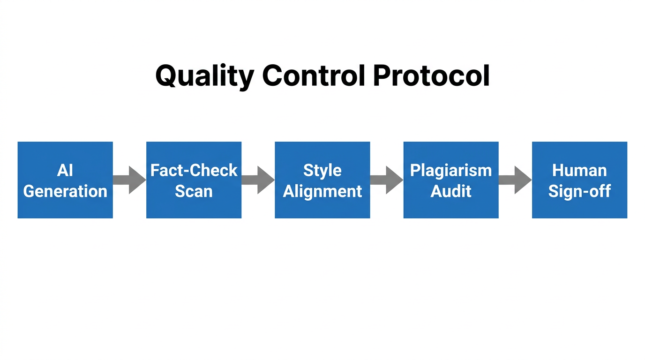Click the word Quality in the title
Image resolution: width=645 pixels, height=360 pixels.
click(205, 76)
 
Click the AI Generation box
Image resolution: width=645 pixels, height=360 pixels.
click(65, 180)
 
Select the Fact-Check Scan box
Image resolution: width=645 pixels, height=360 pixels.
click(194, 180)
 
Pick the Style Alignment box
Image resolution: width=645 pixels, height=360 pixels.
click(322, 180)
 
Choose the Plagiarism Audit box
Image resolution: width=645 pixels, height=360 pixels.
click(451, 180)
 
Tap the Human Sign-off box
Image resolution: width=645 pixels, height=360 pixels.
click(579, 180)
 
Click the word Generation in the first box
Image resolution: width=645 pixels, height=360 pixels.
click(65, 191)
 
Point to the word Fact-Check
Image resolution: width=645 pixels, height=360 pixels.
click(194, 170)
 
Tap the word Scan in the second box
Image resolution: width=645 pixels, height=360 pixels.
click(194, 191)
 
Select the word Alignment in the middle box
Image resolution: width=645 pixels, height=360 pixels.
click(322, 191)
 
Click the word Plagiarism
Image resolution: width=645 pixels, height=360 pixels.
click(451, 170)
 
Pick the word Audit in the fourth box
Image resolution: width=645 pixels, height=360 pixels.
click(451, 191)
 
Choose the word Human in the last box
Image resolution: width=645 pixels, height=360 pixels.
click(579, 170)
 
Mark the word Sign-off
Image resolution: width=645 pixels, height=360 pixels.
click(579, 191)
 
